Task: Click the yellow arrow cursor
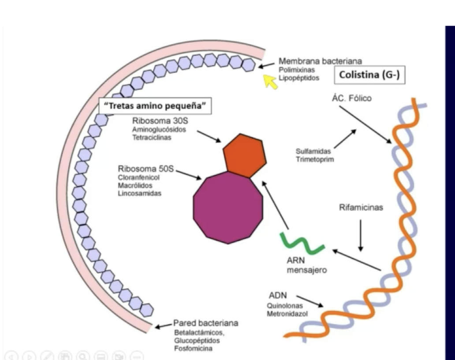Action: click(x=269, y=81)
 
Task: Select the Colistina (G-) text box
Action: click(x=369, y=75)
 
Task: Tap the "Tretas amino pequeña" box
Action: click(x=155, y=106)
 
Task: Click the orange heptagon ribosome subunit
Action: click(x=244, y=156)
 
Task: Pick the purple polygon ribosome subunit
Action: click(x=228, y=208)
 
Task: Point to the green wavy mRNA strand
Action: click(x=302, y=243)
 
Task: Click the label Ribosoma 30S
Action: click(x=160, y=120)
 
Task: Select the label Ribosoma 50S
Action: click(x=145, y=169)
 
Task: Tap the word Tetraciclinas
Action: click(x=152, y=137)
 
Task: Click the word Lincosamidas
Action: click(x=140, y=193)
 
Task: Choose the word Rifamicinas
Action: click(x=361, y=207)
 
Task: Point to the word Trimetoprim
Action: click(x=315, y=159)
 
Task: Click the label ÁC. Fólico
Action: click(x=352, y=98)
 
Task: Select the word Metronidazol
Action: click(x=287, y=314)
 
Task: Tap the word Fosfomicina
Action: click(x=193, y=349)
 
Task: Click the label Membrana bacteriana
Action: click(x=321, y=61)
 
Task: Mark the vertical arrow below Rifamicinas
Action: click(x=361, y=236)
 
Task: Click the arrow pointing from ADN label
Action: click(x=310, y=301)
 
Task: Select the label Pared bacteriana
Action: click(x=206, y=323)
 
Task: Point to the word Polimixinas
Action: click(x=297, y=70)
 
